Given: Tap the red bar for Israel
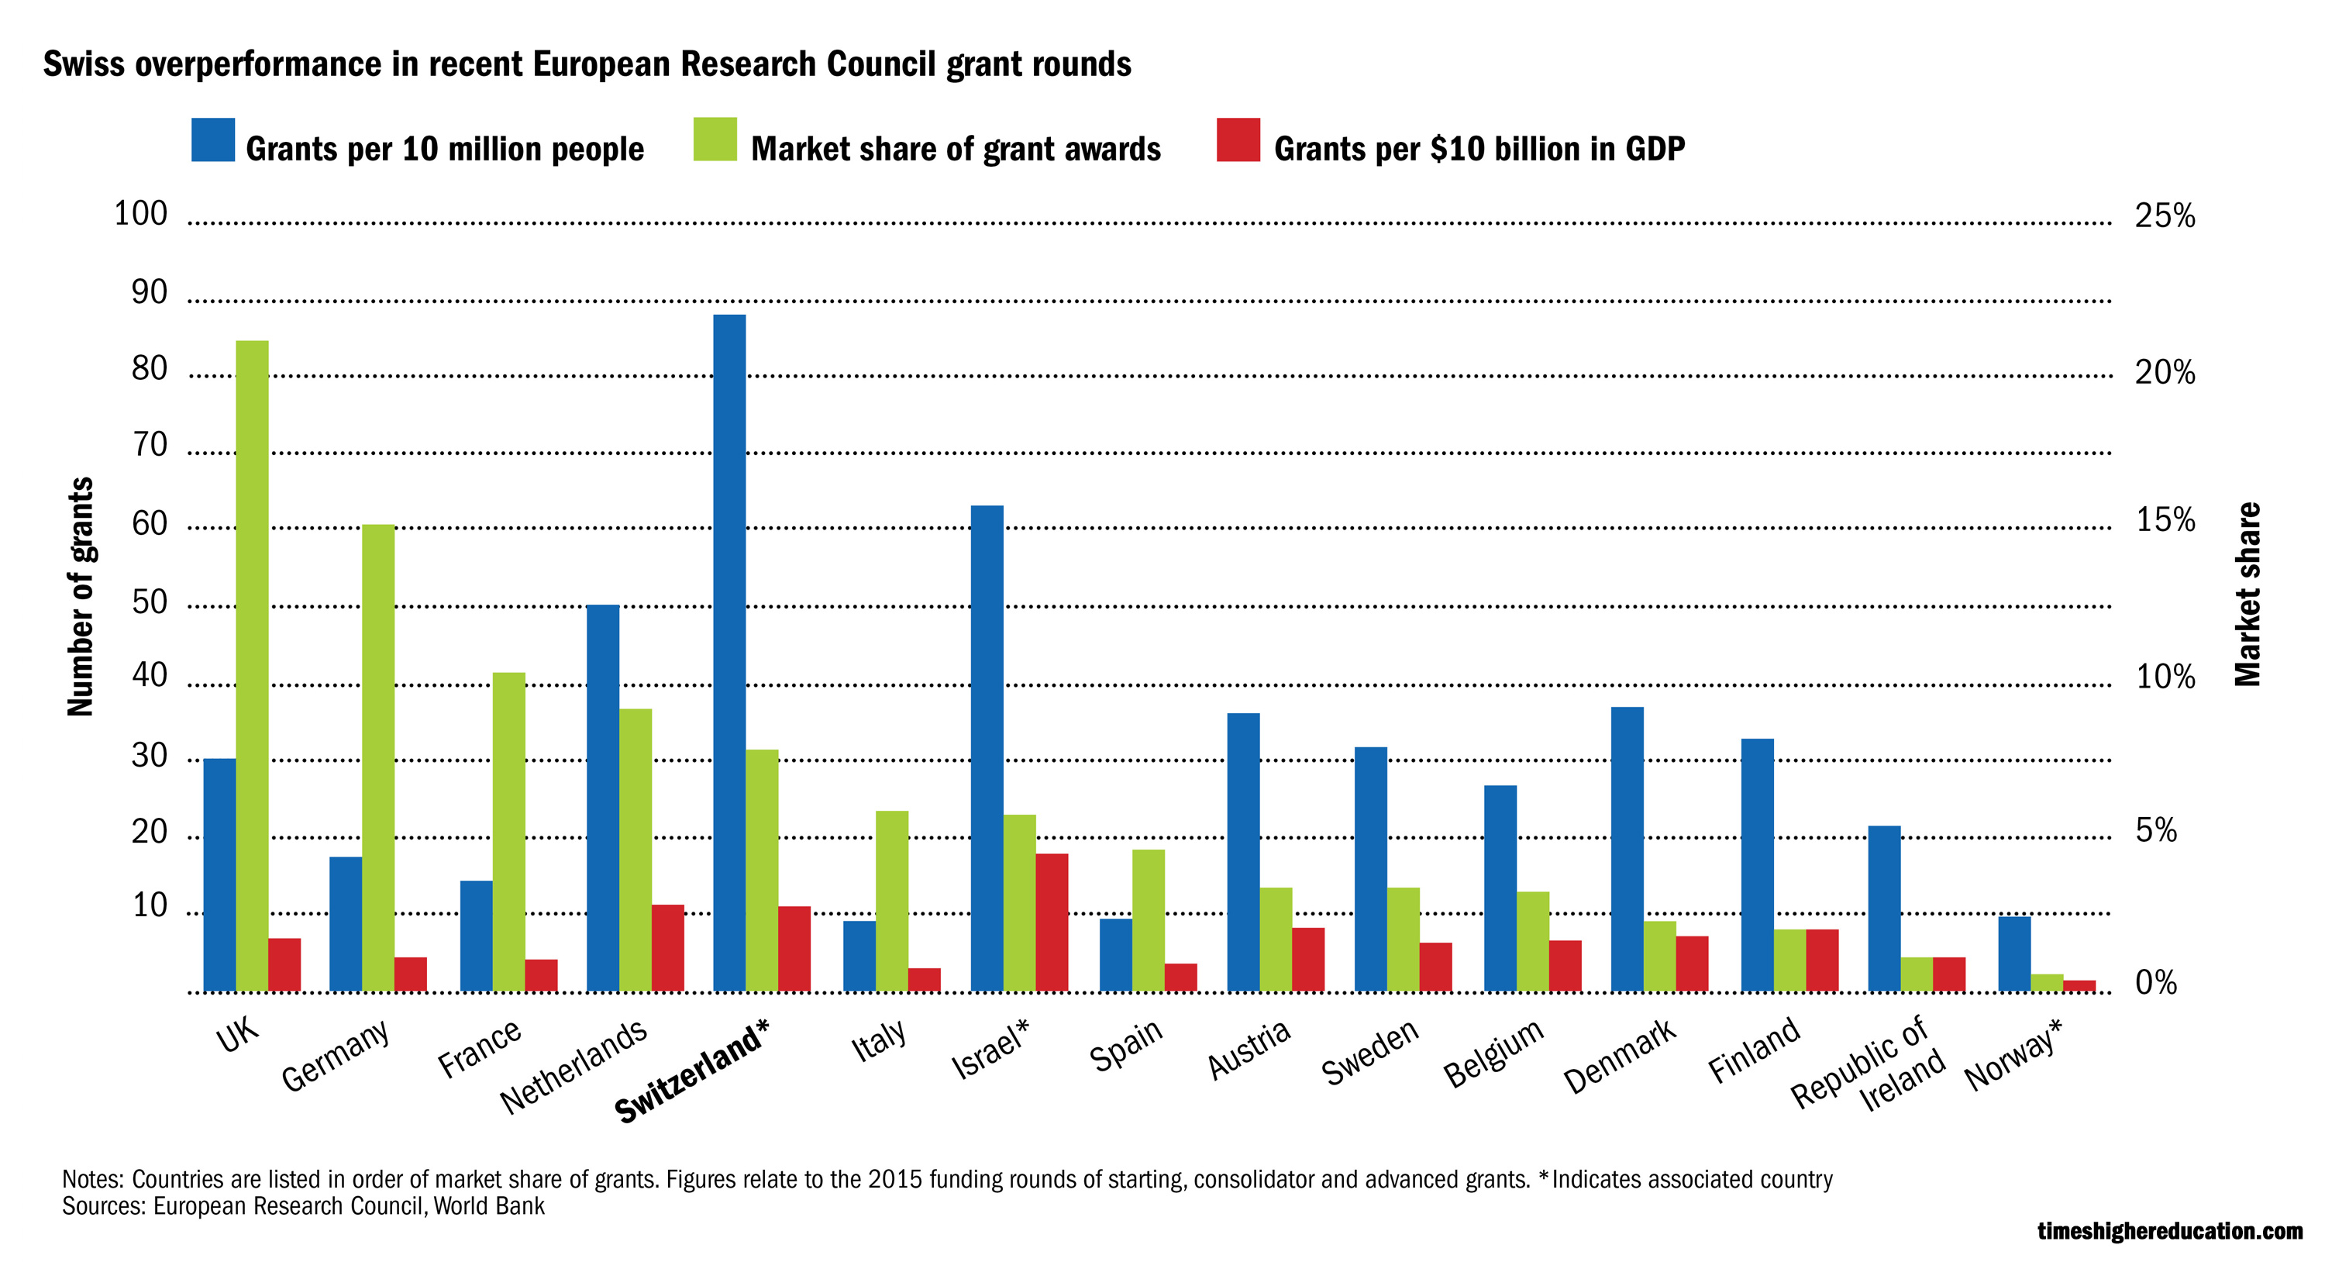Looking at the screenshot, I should point(1052,922).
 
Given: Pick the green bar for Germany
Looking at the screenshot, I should point(378,757).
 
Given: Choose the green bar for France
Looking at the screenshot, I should point(509,832).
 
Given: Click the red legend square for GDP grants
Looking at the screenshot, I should point(1238,140).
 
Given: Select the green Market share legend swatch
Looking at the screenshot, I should point(715,140).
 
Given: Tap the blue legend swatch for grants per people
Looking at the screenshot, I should point(213,140).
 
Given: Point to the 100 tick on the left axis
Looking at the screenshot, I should point(141,214).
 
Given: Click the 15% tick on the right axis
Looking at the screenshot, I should point(2165,520).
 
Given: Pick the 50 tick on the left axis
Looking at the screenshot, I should point(150,602).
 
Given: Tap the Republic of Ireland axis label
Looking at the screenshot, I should point(1869,1065).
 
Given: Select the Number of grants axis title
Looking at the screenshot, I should point(81,596).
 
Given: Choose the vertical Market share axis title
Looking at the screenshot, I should point(2247,594).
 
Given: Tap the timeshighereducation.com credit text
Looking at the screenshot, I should point(2170,1231).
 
